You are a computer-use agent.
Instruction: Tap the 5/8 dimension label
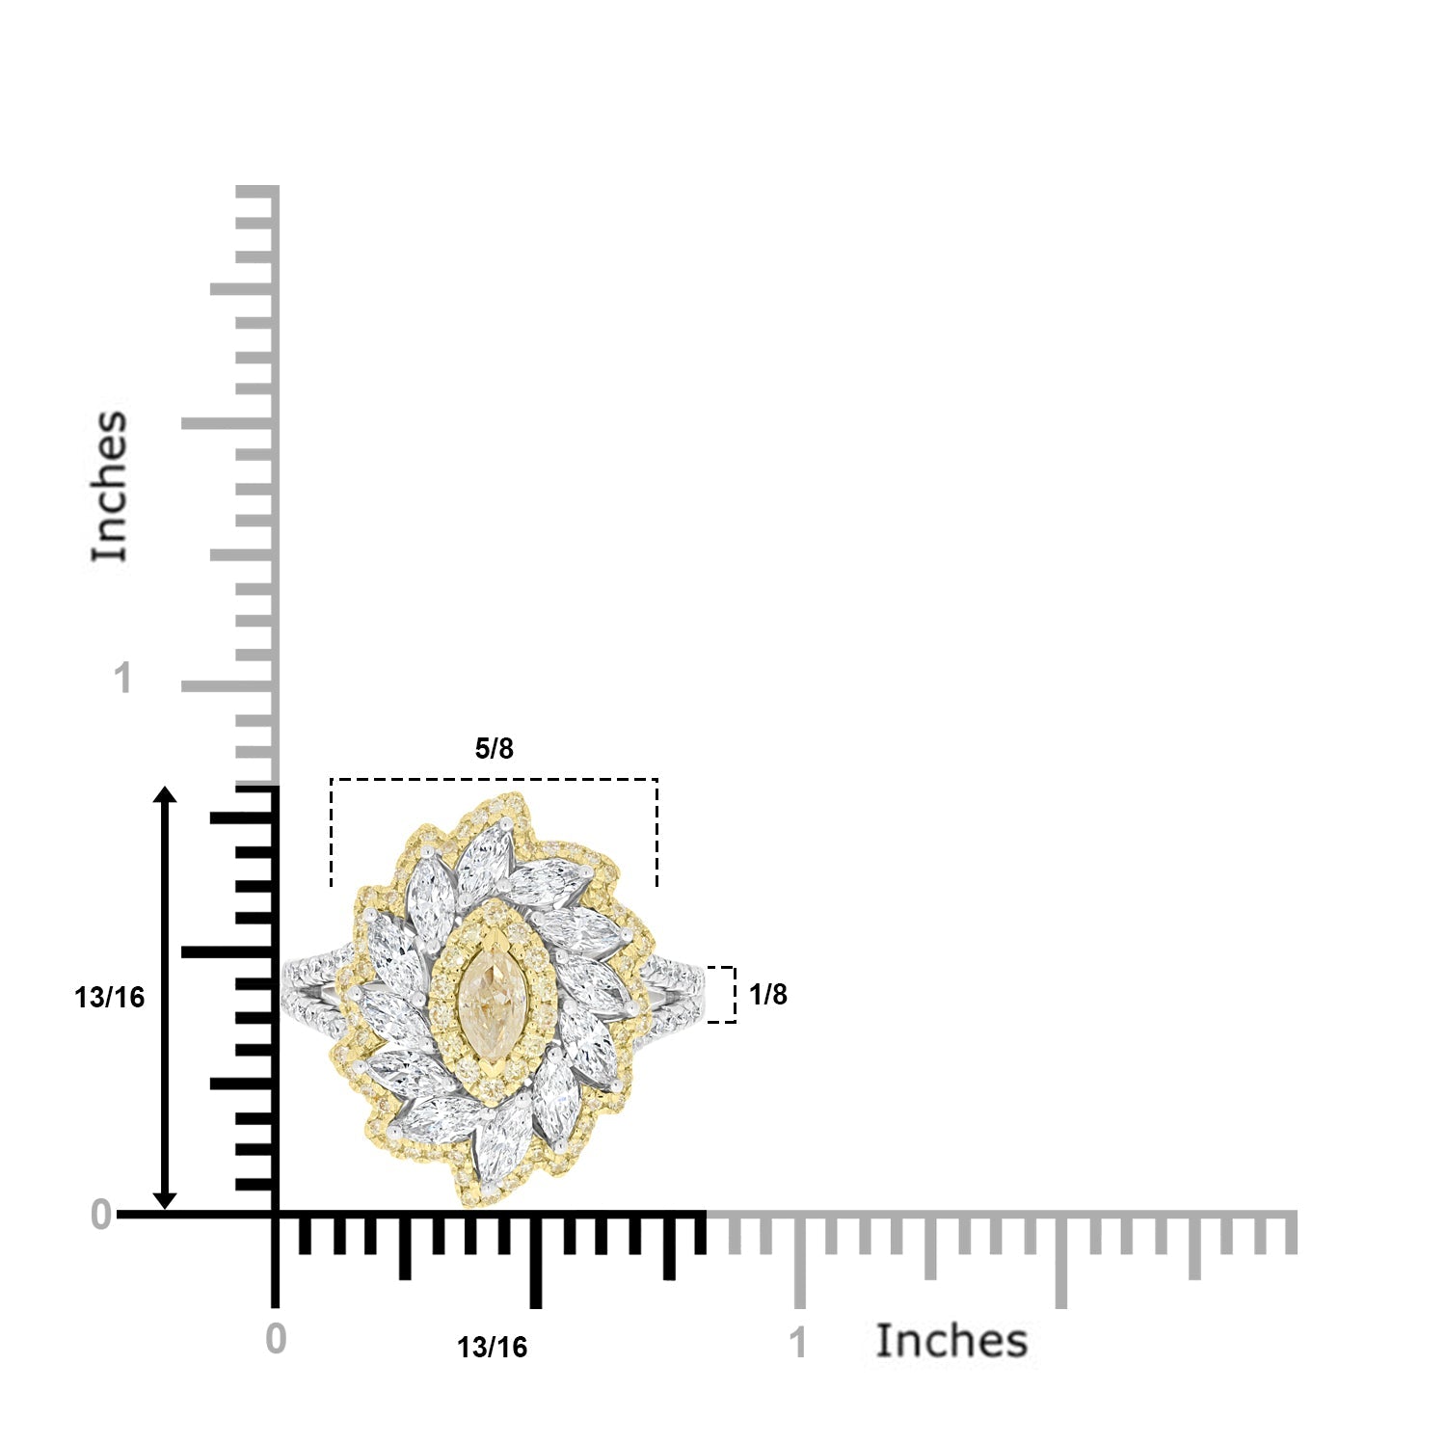tap(495, 748)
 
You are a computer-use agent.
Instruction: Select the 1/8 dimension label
tap(768, 995)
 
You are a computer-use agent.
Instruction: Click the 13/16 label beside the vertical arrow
tap(110, 997)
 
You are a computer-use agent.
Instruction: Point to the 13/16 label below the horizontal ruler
tap(493, 1347)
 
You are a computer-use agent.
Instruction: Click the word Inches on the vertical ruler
tap(109, 486)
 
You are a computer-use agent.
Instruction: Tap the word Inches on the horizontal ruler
tap(951, 1341)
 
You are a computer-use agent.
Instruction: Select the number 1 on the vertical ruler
tap(121, 679)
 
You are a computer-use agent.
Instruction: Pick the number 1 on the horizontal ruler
tap(798, 1343)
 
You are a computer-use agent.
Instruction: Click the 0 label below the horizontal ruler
tap(276, 1339)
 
